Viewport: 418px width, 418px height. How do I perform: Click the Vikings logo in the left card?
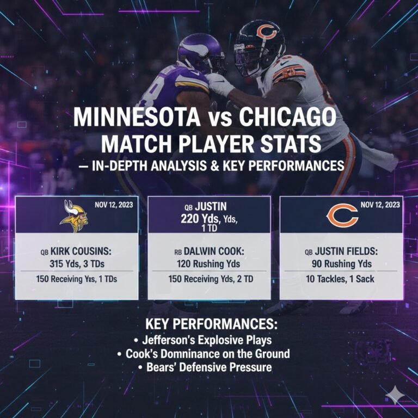pyautogui.click(x=75, y=216)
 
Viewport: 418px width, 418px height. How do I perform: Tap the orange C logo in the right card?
pyautogui.click(x=342, y=216)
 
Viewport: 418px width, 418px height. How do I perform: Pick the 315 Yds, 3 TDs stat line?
pyautogui.click(x=77, y=263)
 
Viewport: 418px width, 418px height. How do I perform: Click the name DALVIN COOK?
pyautogui.click(x=214, y=252)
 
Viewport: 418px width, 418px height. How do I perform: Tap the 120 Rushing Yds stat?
pyautogui.click(x=209, y=263)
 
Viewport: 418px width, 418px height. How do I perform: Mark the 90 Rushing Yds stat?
pyautogui.click(x=341, y=263)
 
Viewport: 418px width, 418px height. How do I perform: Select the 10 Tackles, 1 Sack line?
pyautogui.click(x=341, y=279)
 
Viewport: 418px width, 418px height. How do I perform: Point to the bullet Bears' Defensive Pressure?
pyautogui.click(x=209, y=367)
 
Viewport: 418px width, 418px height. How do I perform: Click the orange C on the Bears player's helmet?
pyautogui.click(x=266, y=31)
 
